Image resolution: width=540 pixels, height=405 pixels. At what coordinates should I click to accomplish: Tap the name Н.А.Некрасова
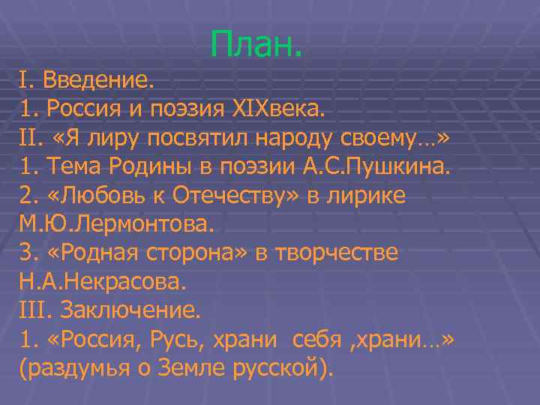pyautogui.click(x=102, y=281)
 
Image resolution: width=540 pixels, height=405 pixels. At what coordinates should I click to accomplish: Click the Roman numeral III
pyautogui.click(x=33, y=310)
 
